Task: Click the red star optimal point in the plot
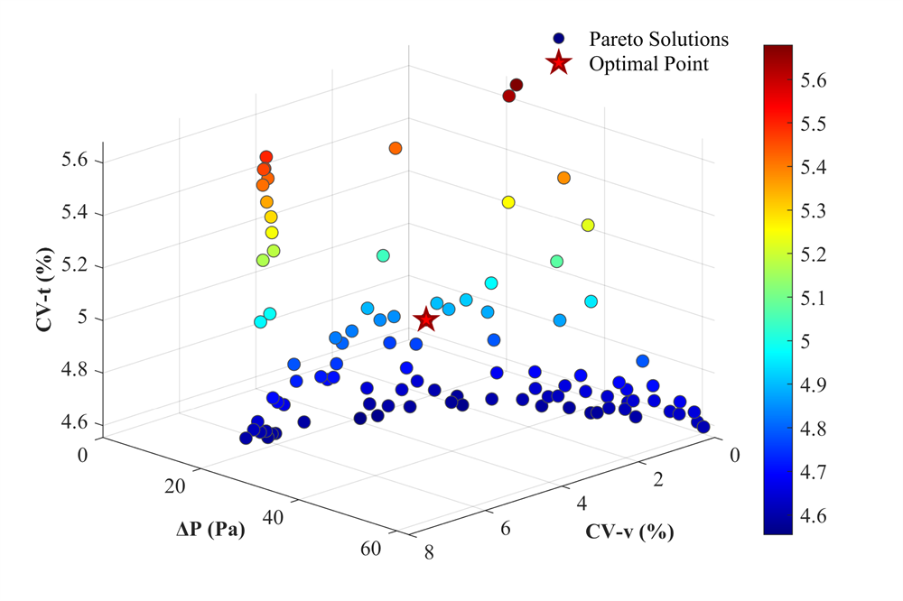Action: click(x=425, y=319)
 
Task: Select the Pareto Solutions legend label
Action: click(x=658, y=40)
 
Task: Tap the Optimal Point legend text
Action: click(x=648, y=64)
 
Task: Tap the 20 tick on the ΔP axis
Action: click(x=175, y=487)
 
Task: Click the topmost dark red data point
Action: click(x=517, y=85)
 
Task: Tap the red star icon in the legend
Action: click(x=559, y=64)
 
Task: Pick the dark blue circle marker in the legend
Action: click(x=559, y=40)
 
